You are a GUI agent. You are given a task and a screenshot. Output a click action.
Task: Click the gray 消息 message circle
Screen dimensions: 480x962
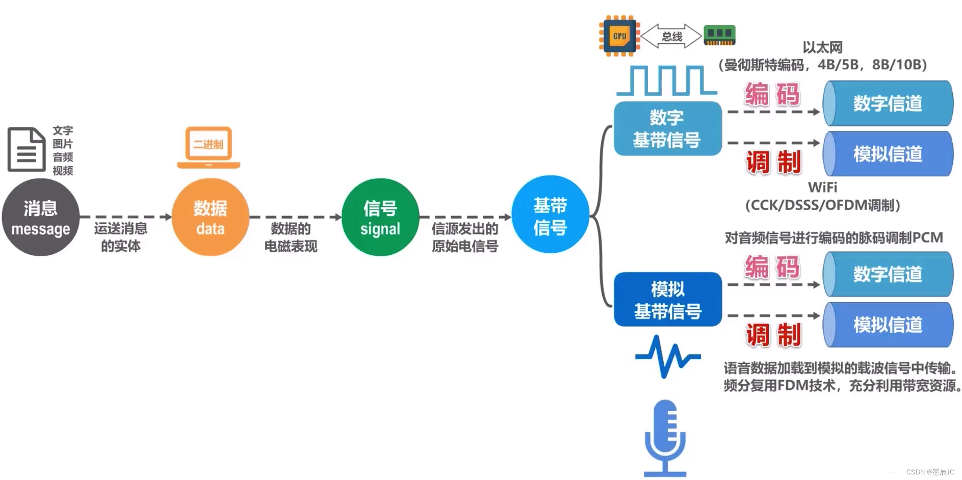pos(40,218)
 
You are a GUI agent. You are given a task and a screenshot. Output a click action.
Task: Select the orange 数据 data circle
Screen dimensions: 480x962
pos(210,218)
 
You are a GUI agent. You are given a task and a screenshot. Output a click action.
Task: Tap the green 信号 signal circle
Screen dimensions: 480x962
pos(380,218)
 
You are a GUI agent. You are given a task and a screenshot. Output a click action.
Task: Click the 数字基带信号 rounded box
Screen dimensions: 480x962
pos(667,128)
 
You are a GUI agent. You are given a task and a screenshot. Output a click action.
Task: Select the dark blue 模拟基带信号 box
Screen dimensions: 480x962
pos(667,300)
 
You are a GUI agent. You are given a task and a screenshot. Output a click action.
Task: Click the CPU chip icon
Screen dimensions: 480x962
pos(619,36)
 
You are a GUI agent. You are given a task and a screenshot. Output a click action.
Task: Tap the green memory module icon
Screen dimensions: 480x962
pos(719,35)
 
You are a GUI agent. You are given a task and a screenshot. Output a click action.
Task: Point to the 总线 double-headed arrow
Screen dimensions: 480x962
pos(671,36)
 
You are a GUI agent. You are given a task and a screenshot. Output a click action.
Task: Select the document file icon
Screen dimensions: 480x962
pos(26,149)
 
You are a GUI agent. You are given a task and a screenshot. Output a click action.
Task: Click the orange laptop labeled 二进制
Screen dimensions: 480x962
pos(209,147)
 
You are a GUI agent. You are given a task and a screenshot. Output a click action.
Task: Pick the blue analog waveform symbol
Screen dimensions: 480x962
pos(667,357)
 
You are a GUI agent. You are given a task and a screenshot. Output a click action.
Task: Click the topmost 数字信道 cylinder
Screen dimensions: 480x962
pos(887,103)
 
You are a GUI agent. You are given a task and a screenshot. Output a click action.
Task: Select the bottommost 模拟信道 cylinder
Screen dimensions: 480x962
pos(887,325)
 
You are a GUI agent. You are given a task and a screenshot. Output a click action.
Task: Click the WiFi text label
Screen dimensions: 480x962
pos(822,188)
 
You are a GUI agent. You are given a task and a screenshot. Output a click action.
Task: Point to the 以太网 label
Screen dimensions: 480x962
pos(822,47)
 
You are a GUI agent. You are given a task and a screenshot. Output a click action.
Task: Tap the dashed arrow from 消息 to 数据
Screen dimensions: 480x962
pos(125,217)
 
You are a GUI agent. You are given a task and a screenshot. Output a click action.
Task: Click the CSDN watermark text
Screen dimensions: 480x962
pos(929,472)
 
